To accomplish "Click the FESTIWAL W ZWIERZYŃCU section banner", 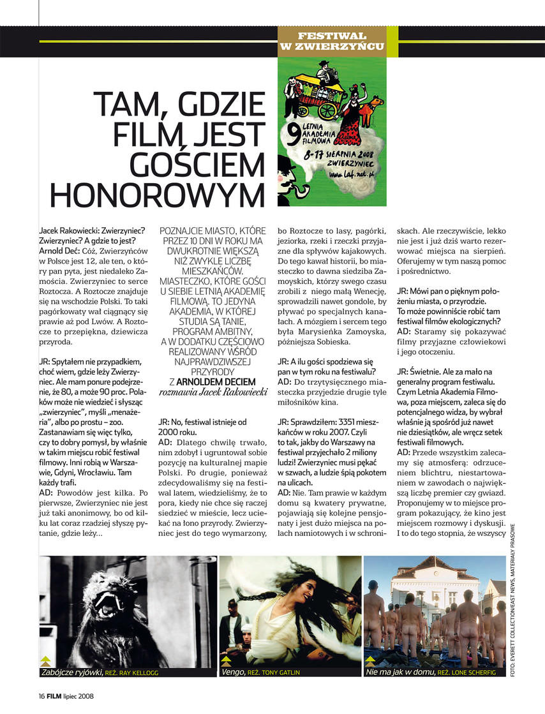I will tap(332, 41).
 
